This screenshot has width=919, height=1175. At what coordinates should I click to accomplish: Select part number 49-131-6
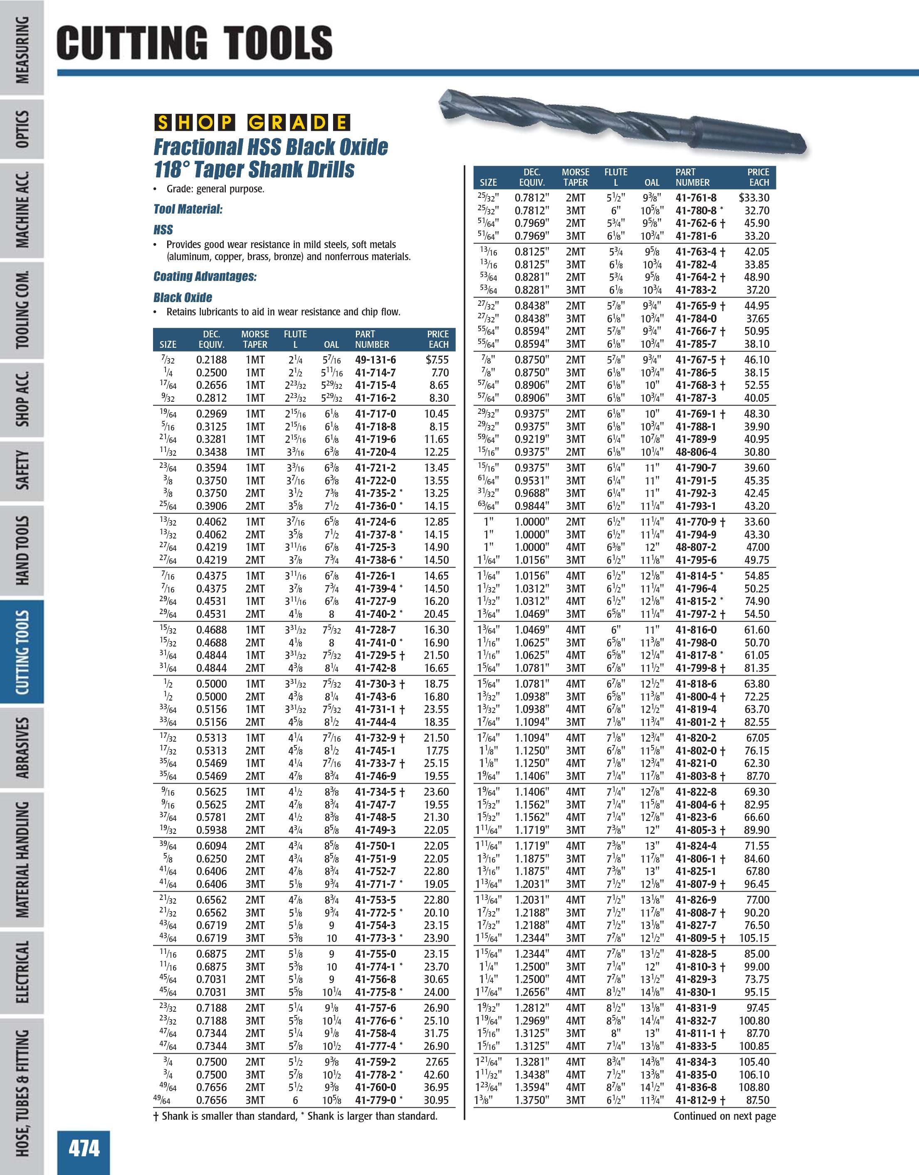[x=375, y=360]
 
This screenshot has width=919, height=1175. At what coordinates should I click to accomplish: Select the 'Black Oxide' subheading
[x=183, y=297]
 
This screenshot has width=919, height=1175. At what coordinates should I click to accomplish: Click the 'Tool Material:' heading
[x=188, y=209]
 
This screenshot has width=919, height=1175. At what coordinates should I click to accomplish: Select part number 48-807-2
[x=696, y=547]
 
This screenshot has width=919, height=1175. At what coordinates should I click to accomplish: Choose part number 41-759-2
[x=375, y=1062]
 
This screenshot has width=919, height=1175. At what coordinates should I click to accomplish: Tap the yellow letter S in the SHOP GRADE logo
[x=162, y=123]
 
